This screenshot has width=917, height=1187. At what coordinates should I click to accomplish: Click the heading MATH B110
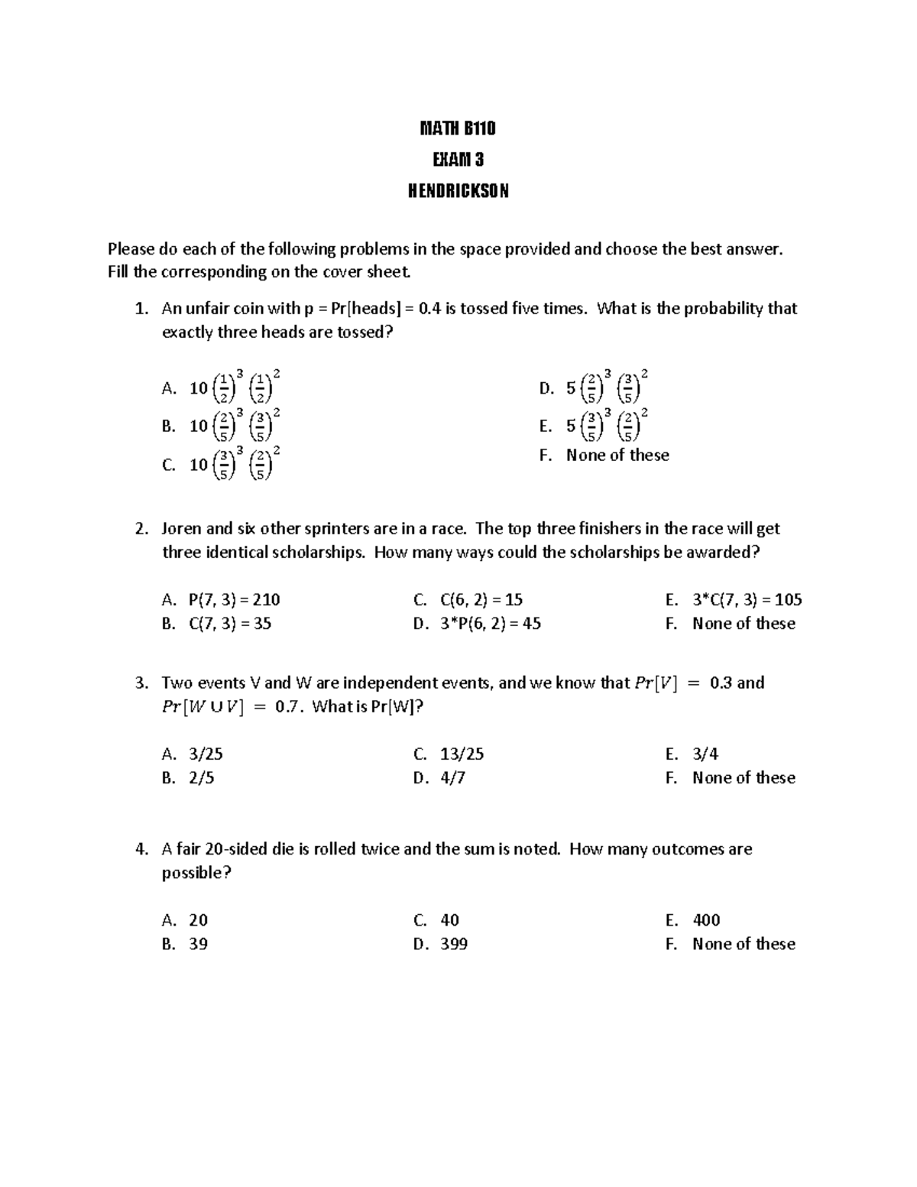pos(458,128)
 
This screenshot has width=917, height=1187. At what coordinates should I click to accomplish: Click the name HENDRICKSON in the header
pos(458,191)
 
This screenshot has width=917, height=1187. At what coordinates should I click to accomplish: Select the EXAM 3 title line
pos(458,160)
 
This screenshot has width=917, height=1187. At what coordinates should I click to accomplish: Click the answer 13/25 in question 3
pos(462,754)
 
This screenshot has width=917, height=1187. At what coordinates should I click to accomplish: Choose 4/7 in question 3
pos(453,778)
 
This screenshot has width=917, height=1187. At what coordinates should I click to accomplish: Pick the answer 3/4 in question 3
pos(705,754)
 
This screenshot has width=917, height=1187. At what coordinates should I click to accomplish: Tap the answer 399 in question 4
pos(454,944)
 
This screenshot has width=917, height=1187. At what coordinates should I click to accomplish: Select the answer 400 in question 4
pos(707,920)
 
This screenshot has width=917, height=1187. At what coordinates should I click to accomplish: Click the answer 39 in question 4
pos(198,944)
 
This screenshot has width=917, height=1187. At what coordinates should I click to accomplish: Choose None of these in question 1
pos(617,456)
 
